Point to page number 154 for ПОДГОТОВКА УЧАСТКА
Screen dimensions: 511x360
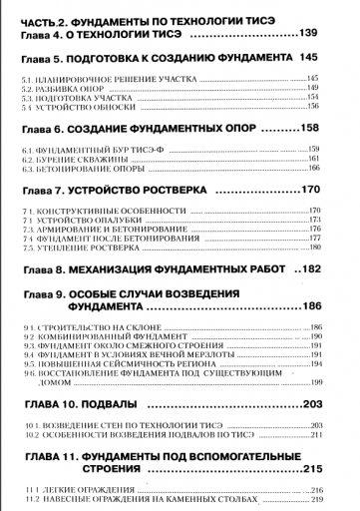click(325, 96)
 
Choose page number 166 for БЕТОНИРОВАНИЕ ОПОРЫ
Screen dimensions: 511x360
click(325, 168)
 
